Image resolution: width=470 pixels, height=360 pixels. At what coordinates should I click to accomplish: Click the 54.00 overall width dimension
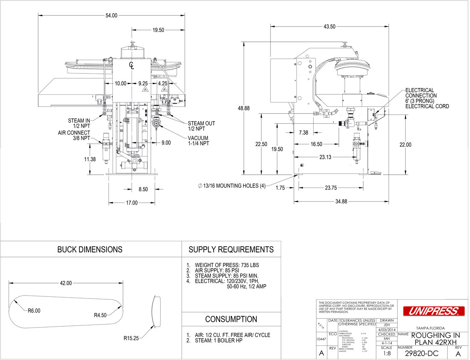(112, 15)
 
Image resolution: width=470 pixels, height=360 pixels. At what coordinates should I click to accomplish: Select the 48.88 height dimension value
(244, 108)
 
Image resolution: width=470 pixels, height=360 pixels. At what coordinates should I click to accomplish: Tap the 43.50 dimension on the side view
(329, 26)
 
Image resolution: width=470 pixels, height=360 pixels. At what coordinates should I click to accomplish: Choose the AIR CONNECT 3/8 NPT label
(74, 135)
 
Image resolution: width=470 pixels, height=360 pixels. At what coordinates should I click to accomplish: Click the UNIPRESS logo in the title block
(433, 311)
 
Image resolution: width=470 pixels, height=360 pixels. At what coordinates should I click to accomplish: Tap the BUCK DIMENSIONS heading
(90, 249)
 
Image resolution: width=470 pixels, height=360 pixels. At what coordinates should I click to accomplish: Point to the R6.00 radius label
(34, 311)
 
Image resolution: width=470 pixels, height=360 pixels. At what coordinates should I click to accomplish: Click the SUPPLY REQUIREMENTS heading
(231, 249)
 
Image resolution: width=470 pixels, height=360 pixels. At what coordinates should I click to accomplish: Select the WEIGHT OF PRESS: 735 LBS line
(226, 265)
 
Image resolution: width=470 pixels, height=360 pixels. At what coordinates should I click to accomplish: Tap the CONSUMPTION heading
(231, 319)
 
